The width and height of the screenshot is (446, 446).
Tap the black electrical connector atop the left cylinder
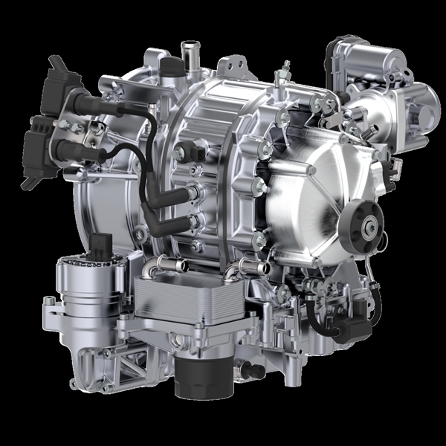(x=102, y=246)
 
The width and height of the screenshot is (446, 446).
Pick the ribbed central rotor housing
(x=216, y=149)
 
